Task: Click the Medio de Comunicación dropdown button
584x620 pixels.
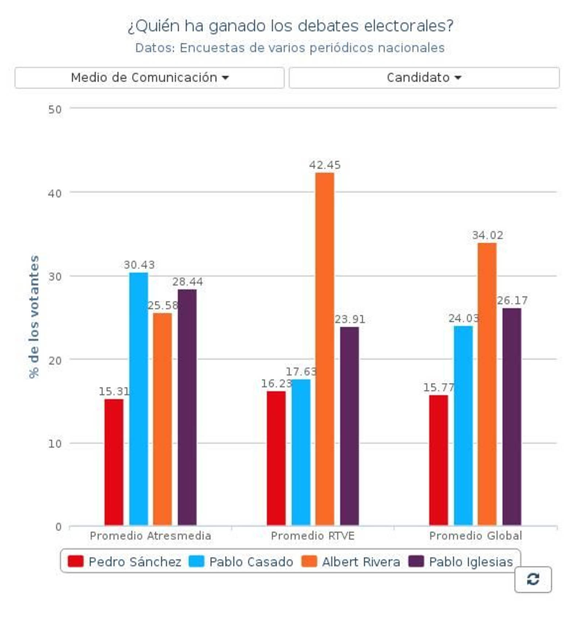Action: [149, 78]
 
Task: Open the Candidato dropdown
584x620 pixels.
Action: [424, 78]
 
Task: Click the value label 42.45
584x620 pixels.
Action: [324, 165]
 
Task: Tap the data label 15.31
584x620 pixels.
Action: [114, 392]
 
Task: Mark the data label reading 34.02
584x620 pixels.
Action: [487, 235]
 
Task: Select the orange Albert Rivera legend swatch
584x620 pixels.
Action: [309, 561]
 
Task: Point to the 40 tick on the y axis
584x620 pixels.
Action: [55, 193]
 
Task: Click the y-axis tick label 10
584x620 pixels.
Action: [55, 444]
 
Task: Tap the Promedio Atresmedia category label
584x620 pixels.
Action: [150, 536]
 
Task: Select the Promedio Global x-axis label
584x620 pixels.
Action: [475, 536]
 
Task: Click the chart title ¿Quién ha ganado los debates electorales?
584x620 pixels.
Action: [291, 26]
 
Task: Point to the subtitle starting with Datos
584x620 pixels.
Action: [290, 48]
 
